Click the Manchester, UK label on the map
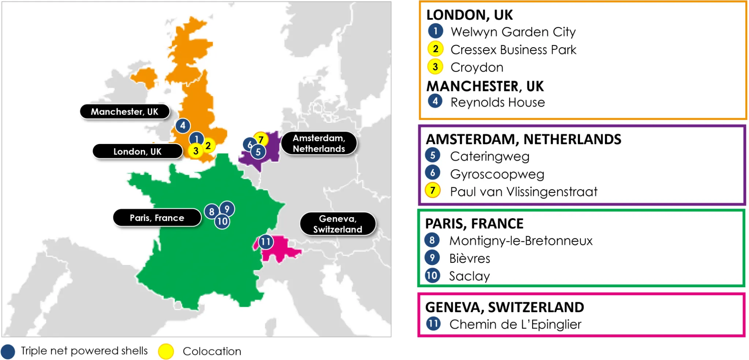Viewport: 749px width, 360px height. point(125,111)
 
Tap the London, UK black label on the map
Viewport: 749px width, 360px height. point(138,151)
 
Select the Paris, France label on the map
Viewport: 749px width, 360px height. point(157,218)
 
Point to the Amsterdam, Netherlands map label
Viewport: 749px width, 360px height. point(319,143)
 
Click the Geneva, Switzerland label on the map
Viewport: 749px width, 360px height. point(338,224)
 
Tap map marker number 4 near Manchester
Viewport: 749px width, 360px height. point(183,126)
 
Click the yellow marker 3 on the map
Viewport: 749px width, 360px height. point(196,151)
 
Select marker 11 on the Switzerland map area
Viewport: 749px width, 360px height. point(266,242)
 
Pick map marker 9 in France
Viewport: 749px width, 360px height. point(227,209)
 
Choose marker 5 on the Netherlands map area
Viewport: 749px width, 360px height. point(258,152)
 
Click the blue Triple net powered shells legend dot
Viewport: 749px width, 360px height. point(8,351)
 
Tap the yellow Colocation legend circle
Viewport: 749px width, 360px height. point(166,351)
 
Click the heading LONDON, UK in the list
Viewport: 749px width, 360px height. point(470,15)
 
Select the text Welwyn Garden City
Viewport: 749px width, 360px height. point(513,32)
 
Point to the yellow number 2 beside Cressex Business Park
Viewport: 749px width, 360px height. point(436,49)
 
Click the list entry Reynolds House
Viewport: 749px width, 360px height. point(497,102)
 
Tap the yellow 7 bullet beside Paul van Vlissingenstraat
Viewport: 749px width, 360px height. point(433,190)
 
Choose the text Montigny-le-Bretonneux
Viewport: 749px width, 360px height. point(521,241)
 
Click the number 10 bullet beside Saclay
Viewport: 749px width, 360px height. point(432,275)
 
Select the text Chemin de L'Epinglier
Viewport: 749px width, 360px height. point(515,325)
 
